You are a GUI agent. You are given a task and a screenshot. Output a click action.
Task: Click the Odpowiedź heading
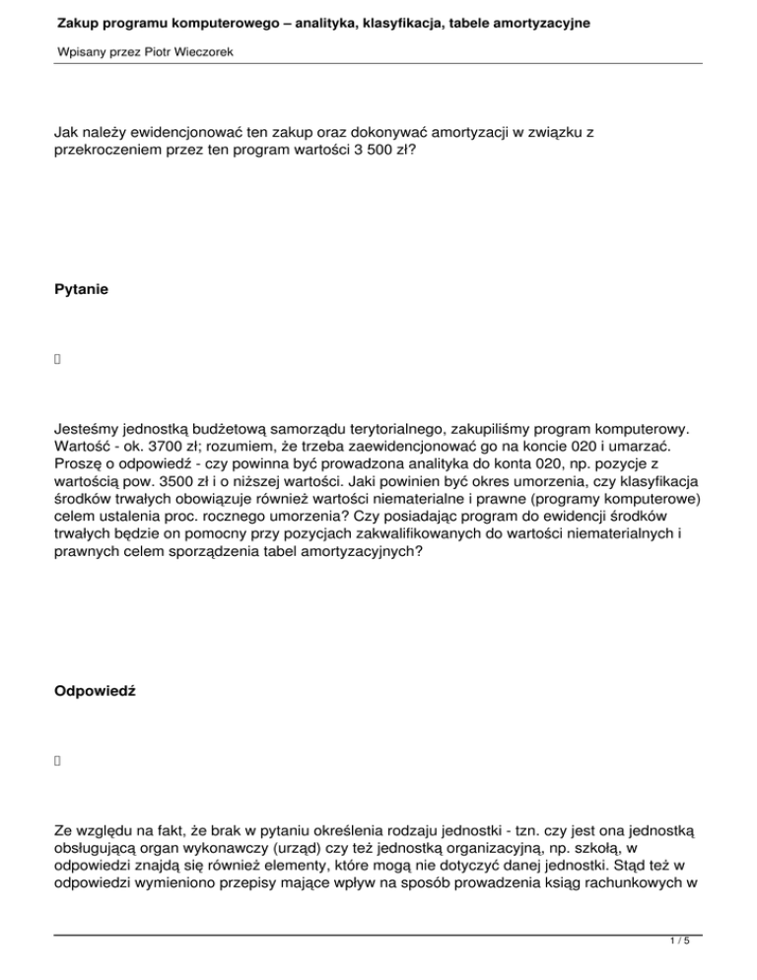(x=95, y=692)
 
